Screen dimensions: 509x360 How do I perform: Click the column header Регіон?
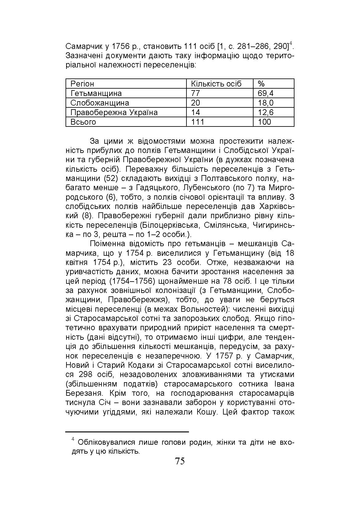coord(82,84)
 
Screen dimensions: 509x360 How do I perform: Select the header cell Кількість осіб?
coord(216,84)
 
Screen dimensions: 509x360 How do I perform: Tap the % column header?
coord(261,84)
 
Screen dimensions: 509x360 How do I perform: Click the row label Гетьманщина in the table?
coord(96,93)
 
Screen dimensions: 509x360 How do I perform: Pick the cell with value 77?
coord(195,93)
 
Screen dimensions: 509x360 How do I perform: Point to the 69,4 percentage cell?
coord(266,93)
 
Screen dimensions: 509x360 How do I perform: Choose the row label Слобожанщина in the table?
coord(100,103)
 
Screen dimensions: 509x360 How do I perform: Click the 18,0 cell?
coord(266,103)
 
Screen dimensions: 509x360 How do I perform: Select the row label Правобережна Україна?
coord(114,112)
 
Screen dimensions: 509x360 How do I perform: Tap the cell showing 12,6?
coord(266,112)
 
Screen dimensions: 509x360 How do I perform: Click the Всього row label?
coord(83,122)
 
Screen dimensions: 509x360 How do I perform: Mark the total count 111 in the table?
coord(198,122)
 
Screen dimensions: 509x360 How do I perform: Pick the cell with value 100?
coord(264,122)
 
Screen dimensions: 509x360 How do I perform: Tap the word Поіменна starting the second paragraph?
coord(108,244)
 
